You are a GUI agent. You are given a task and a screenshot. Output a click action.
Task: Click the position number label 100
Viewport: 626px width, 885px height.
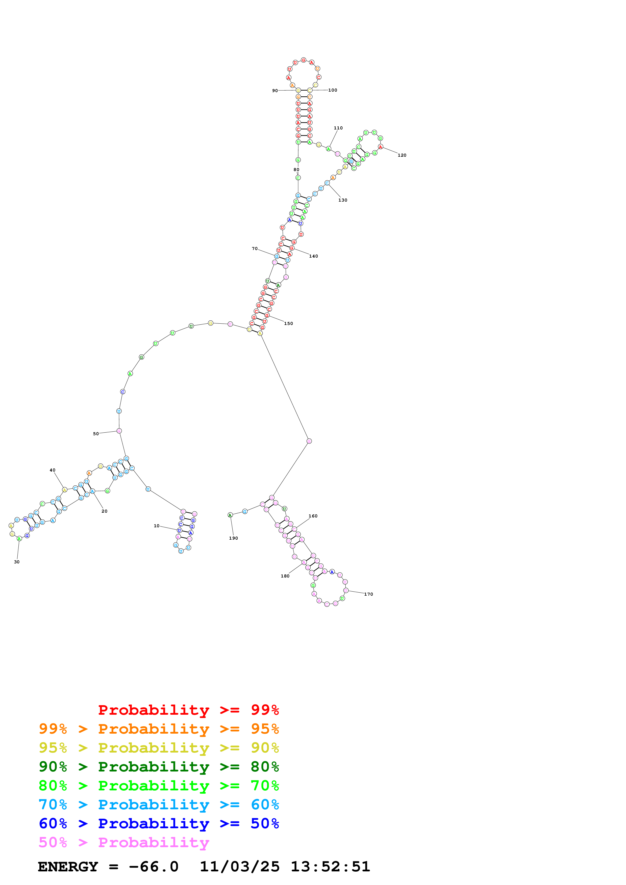pos(333,90)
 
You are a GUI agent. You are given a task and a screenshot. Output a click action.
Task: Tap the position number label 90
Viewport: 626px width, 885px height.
pos(275,91)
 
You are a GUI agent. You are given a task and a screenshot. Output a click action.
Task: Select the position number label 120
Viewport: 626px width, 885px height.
pos(402,155)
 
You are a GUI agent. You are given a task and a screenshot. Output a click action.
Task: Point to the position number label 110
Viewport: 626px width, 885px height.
pos(338,128)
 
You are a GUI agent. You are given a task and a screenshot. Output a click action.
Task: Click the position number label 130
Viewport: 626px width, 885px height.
pos(343,200)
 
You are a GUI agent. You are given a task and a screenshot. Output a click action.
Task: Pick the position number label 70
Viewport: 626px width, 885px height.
pos(255,248)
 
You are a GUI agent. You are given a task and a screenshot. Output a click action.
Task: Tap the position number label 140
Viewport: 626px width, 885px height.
pos(314,256)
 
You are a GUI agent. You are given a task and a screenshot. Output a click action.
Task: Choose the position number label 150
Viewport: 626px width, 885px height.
pos(289,323)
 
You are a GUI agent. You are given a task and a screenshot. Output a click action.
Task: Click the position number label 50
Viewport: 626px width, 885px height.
pos(96,434)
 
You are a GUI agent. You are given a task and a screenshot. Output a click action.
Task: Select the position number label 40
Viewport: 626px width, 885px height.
pos(53,470)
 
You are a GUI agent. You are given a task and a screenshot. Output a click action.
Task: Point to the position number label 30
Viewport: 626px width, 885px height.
pos(17,562)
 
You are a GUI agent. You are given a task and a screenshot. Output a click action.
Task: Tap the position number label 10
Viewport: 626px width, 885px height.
pos(156,526)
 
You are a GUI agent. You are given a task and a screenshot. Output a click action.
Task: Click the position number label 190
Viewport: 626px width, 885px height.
pos(233,538)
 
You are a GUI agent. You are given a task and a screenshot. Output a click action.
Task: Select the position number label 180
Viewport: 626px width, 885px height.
pos(285,576)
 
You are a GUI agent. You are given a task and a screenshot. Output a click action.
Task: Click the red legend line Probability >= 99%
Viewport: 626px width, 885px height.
pos(188,710)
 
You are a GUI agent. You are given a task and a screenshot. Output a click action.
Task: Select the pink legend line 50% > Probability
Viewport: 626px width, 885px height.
pos(124,843)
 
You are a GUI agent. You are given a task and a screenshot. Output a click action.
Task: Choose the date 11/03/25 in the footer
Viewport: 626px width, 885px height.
pos(240,867)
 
